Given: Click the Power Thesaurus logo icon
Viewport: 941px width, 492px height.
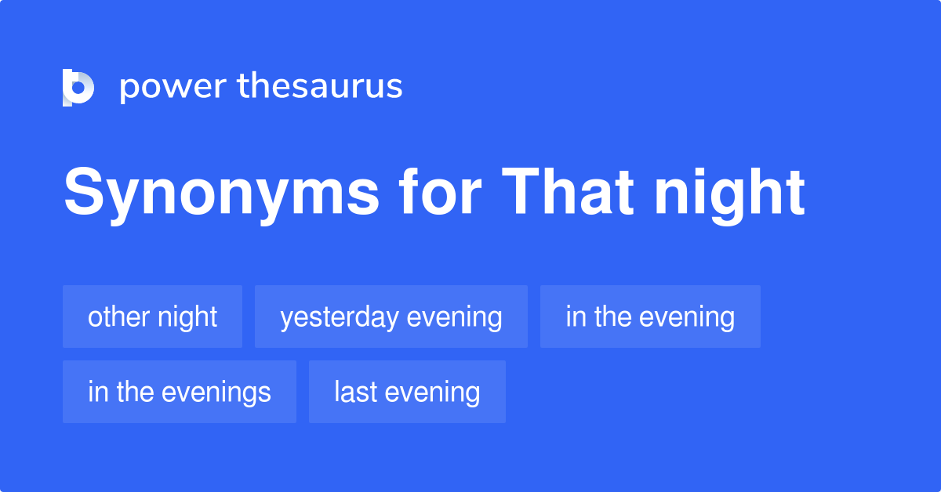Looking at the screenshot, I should pyautogui.click(x=78, y=87).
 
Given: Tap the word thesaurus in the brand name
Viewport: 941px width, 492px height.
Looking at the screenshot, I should pyautogui.click(x=320, y=87).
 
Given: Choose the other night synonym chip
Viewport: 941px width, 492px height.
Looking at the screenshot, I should pyautogui.click(x=152, y=317).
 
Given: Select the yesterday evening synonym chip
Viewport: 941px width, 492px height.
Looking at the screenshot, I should pyautogui.click(x=391, y=317).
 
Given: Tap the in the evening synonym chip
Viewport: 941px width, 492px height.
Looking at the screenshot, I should pyautogui.click(x=650, y=317).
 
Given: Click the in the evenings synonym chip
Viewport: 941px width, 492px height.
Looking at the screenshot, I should pyautogui.click(x=179, y=392).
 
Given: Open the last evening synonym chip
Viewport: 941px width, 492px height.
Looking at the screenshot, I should pyautogui.click(x=407, y=392).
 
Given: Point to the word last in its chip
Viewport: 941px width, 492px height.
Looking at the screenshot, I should pyautogui.click(x=356, y=392).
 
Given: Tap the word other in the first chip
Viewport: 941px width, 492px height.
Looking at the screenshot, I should pyautogui.click(x=118, y=317).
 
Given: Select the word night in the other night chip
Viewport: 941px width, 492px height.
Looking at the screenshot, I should pyautogui.click(x=187, y=317).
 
